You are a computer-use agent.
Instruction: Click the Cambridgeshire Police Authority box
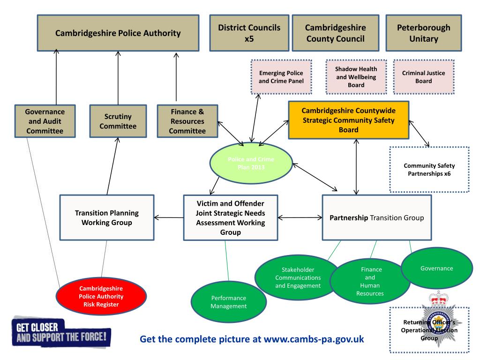click(x=118, y=33)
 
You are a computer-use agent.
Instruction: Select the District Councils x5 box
click(x=249, y=33)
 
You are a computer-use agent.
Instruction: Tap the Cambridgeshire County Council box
click(x=335, y=33)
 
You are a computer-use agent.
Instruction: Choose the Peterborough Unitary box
click(x=423, y=33)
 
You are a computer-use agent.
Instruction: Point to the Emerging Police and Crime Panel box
click(x=281, y=77)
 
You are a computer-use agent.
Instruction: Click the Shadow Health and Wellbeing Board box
click(x=356, y=76)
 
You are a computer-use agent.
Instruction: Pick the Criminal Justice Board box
click(x=424, y=77)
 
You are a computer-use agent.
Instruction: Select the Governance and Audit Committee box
click(x=45, y=121)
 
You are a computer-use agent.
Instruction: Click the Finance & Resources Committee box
click(x=187, y=121)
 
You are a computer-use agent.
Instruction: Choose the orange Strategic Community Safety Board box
click(x=348, y=120)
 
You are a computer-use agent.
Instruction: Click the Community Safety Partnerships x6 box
click(x=429, y=170)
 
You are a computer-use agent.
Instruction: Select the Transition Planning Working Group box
click(x=107, y=217)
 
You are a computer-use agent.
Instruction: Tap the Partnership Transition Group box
click(x=377, y=217)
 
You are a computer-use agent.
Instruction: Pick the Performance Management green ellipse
click(x=228, y=302)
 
